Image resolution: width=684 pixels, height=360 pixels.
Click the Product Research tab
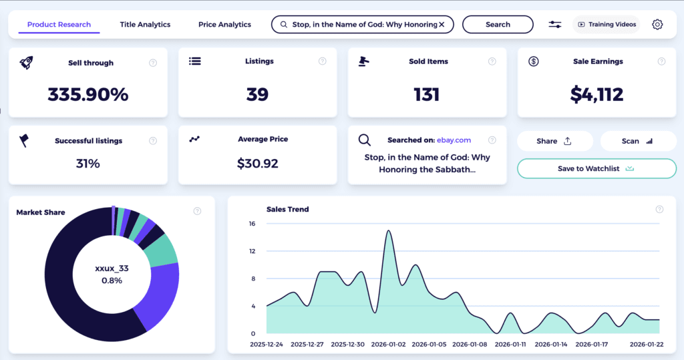(x=59, y=25)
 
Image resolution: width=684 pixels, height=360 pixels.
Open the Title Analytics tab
(x=145, y=25)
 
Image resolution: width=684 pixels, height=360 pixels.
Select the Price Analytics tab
(x=224, y=25)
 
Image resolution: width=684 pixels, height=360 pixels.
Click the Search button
(x=498, y=25)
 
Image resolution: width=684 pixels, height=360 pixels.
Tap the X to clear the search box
(x=442, y=25)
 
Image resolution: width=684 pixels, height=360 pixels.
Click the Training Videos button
(x=607, y=25)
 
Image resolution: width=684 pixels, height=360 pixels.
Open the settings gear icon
(x=657, y=25)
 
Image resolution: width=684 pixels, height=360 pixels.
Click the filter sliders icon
(x=555, y=25)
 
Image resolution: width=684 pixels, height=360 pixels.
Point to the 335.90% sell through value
(x=88, y=95)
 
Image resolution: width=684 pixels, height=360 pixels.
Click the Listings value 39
(x=257, y=95)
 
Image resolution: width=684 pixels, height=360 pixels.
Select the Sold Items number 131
(x=426, y=95)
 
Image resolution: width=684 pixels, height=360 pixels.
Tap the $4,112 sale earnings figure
(x=596, y=95)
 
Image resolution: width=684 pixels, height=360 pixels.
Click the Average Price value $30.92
(x=257, y=163)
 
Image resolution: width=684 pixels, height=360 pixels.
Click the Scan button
(x=638, y=141)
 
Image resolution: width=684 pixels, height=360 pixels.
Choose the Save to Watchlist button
(x=596, y=169)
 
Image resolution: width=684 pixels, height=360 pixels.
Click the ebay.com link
(x=454, y=140)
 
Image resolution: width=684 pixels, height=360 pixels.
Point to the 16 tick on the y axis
(x=252, y=224)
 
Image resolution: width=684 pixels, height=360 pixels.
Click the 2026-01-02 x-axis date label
(x=388, y=345)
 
